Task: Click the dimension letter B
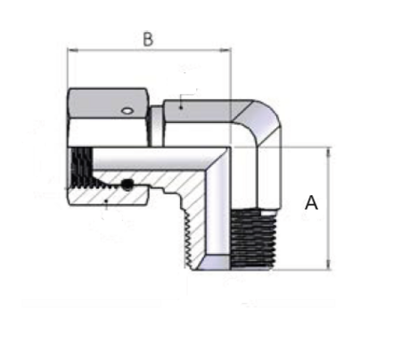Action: point(148,39)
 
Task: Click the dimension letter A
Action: point(311,203)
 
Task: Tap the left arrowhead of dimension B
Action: point(73,51)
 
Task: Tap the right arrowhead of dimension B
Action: point(225,51)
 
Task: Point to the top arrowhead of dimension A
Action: point(329,152)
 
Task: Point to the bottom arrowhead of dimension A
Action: point(329,265)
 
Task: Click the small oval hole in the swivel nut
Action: point(127,110)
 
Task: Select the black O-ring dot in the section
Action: point(127,184)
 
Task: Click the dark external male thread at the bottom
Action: point(252,238)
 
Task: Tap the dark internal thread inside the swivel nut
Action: point(81,167)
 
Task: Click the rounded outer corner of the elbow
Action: point(268,114)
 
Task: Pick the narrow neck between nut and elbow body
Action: point(155,127)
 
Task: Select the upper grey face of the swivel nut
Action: point(108,103)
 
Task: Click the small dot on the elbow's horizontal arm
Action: point(181,107)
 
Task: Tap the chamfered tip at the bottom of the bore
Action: point(215,262)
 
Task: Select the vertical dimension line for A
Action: point(329,209)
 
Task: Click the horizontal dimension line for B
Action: point(150,51)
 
